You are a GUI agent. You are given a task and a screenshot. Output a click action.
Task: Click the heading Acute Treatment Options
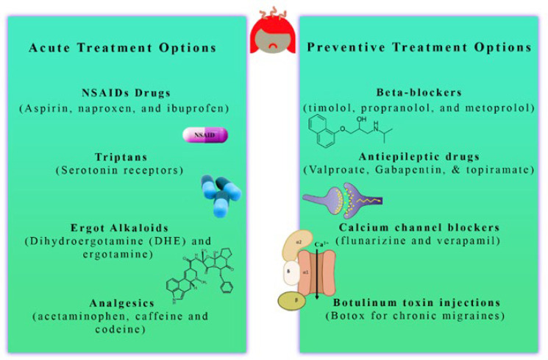click(122, 48)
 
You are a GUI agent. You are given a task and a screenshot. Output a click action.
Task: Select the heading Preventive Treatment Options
click(419, 48)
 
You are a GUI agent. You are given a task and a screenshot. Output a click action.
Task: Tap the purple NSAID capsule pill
click(205, 135)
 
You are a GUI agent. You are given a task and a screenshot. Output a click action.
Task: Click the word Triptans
click(122, 158)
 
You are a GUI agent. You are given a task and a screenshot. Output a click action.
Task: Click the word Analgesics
click(122, 302)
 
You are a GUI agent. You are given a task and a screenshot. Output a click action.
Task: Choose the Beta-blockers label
click(419, 93)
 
